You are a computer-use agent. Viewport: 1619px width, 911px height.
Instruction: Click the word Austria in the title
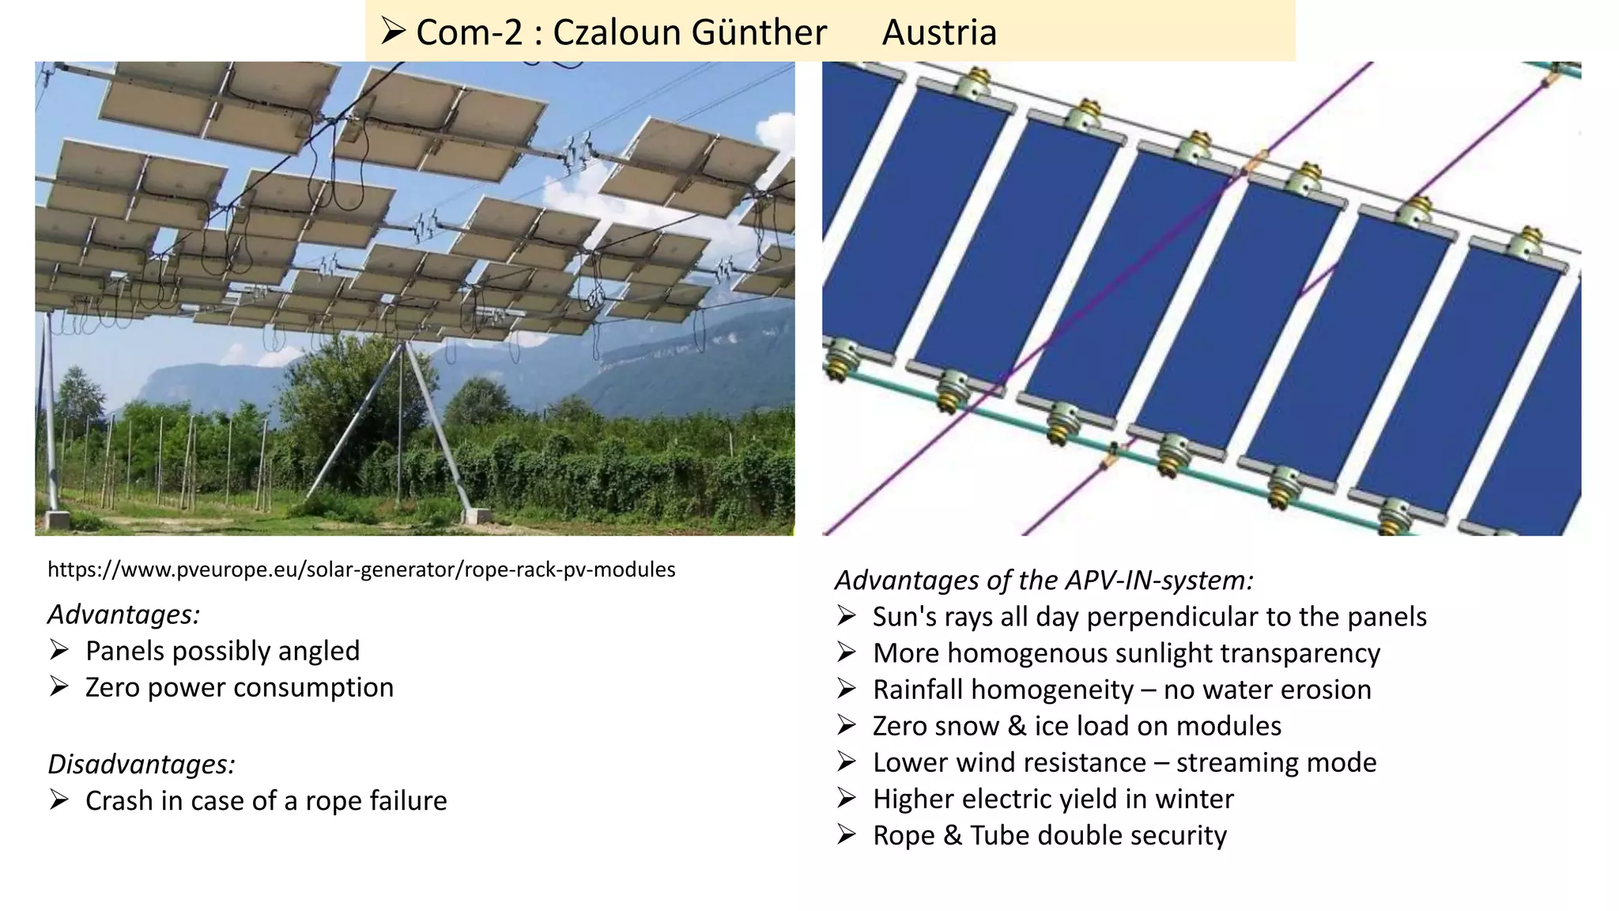point(939,32)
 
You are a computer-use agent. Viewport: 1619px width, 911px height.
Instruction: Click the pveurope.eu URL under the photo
point(361,569)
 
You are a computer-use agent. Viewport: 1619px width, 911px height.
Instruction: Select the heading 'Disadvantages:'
point(142,764)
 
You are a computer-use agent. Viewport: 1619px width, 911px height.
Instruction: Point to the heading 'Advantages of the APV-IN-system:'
point(1044,580)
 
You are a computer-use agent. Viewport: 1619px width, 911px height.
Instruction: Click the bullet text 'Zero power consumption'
point(239,687)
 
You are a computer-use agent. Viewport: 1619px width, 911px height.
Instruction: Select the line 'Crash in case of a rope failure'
point(266,800)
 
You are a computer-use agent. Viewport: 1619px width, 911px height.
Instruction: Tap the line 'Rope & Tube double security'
point(1049,835)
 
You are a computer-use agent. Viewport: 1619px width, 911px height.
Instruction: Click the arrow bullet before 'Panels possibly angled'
point(58,650)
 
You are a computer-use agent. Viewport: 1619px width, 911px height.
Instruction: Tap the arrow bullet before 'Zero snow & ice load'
point(846,725)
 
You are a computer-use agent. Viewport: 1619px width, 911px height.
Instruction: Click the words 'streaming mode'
point(1276,762)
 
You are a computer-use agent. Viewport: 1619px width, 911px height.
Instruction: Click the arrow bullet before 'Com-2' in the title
point(393,32)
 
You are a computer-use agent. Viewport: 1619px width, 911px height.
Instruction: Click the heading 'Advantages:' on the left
point(124,614)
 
